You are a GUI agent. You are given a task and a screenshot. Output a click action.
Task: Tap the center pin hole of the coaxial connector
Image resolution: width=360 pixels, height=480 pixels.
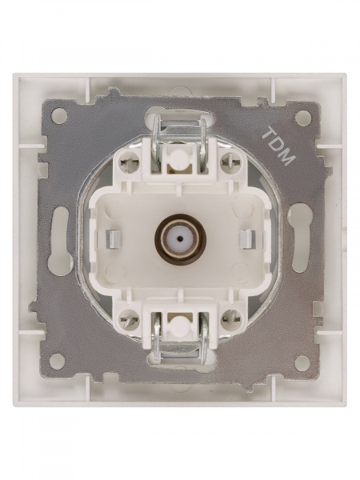pos(180,238)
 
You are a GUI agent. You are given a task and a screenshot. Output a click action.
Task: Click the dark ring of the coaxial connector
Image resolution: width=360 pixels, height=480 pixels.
pos(180,238)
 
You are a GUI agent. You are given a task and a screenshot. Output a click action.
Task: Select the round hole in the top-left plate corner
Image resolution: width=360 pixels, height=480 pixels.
pos(58,116)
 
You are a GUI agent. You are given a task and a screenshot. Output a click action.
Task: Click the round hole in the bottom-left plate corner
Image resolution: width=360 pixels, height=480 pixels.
pos(58,361)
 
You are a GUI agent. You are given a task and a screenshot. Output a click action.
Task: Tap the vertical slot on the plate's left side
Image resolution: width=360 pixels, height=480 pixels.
pos(59,238)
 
